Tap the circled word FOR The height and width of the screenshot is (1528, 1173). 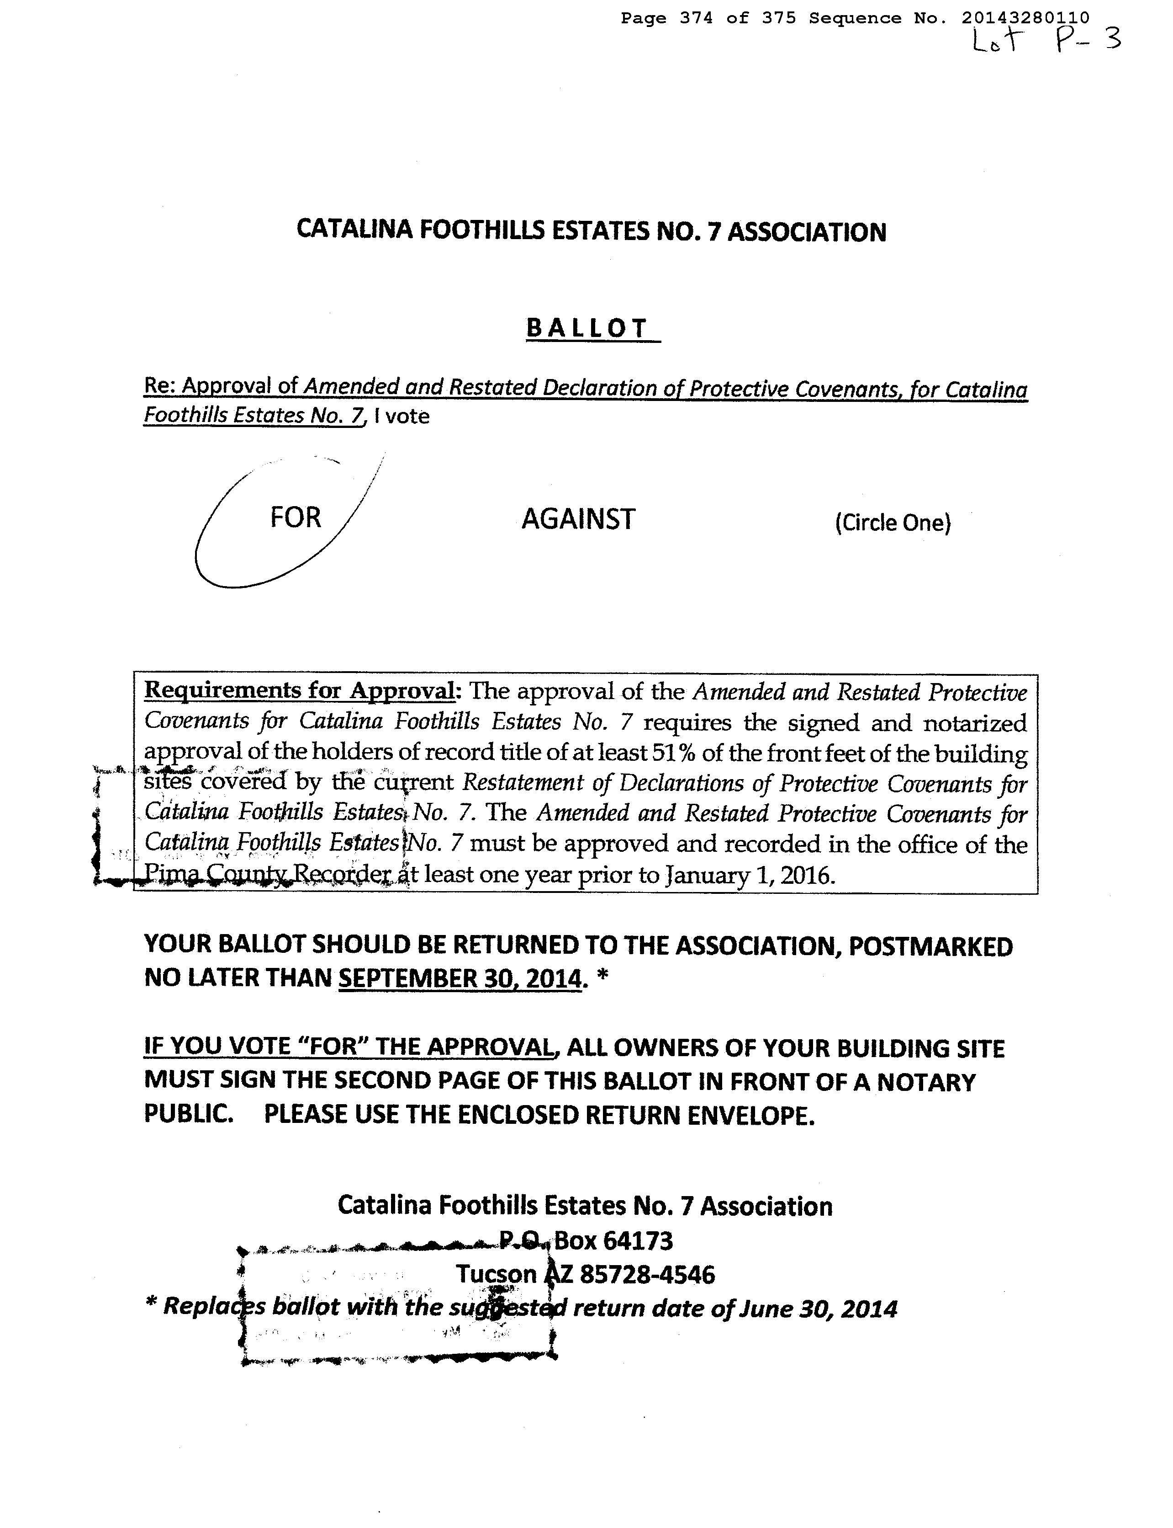(x=296, y=518)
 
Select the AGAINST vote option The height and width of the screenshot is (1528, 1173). (x=578, y=519)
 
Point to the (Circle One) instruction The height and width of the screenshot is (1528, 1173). (x=893, y=523)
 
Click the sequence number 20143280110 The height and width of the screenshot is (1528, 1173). (x=1025, y=18)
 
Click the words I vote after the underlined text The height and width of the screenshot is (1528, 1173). (x=402, y=417)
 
